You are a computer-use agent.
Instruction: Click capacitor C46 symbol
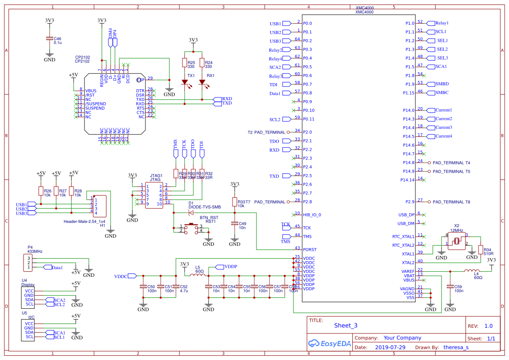pyautogui.click(x=49, y=40)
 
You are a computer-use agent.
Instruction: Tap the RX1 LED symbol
pyautogui.click(x=202, y=82)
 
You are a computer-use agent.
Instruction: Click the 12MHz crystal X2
pyautogui.click(x=457, y=241)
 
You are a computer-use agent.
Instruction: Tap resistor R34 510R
pyautogui.click(x=481, y=249)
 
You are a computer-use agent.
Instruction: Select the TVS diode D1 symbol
pyautogui.click(x=190, y=212)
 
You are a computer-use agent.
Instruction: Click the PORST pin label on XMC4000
pyautogui.click(x=310, y=249)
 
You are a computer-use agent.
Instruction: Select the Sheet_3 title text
pyautogui.click(x=345, y=325)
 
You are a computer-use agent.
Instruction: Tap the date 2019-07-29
pyautogui.click(x=390, y=347)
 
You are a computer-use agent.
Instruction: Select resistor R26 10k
pyautogui.click(x=41, y=191)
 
